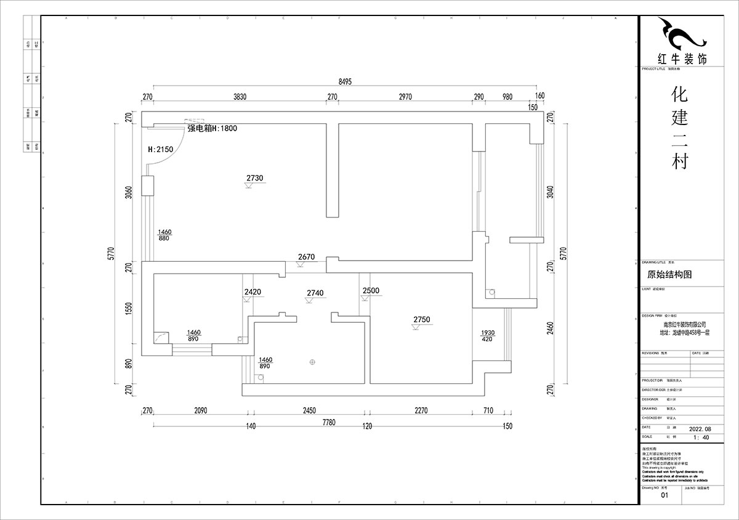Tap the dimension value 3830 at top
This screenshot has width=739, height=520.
[x=240, y=97]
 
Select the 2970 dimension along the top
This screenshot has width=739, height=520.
[x=405, y=97]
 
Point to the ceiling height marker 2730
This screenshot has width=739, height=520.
[x=254, y=178]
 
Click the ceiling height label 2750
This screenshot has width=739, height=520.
[x=422, y=319]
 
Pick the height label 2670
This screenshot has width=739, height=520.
[x=306, y=257]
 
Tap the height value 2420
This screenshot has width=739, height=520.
[x=252, y=291]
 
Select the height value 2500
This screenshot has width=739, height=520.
[x=371, y=291]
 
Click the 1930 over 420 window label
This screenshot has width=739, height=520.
[x=488, y=336]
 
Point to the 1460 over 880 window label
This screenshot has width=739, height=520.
[x=164, y=235]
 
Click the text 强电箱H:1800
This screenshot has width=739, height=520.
[x=212, y=129]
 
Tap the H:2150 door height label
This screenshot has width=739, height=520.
[x=161, y=149]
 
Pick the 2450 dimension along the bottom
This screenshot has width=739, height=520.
[x=309, y=410]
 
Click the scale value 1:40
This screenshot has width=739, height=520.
[x=701, y=437]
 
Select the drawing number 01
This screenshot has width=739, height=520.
[x=664, y=495]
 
